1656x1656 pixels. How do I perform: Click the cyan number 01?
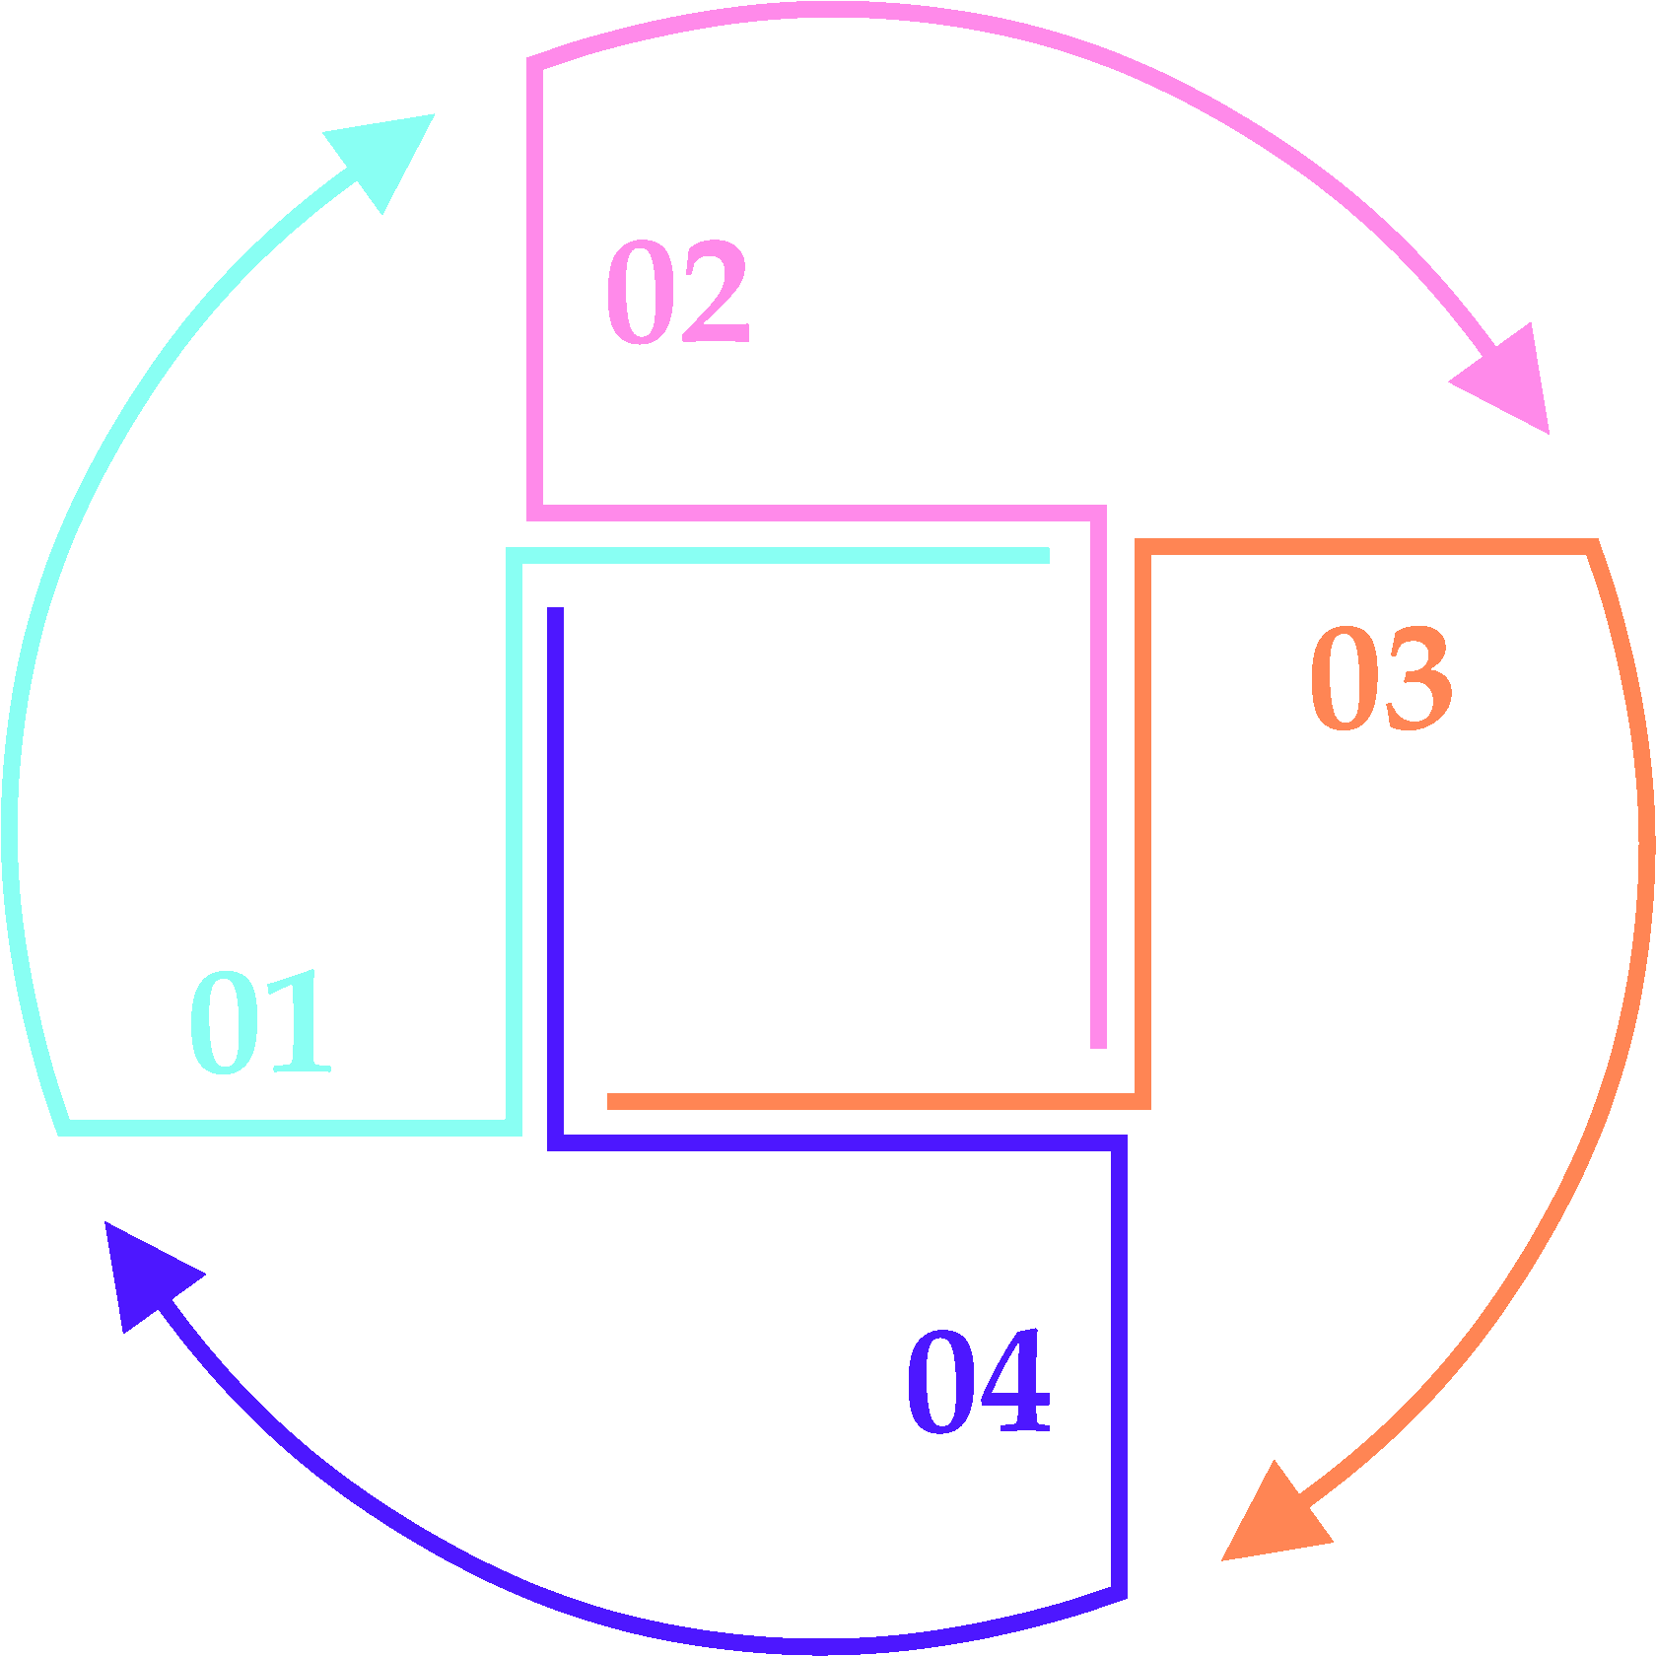[260, 1022]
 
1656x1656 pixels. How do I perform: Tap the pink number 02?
[678, 292]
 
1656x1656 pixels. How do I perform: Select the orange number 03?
[1381, 678]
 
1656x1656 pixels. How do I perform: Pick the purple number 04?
[979, 1380]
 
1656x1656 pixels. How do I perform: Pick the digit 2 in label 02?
[715, 292]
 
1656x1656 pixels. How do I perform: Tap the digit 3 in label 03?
[1418, 678]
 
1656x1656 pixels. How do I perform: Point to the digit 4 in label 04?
[1015, 1380]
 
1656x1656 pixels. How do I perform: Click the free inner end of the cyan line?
[1047, 556]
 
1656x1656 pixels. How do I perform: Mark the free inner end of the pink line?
[1098, 1045]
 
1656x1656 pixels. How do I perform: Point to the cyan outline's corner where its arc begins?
[65, 1128]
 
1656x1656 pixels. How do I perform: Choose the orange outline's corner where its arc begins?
[1592, 547]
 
